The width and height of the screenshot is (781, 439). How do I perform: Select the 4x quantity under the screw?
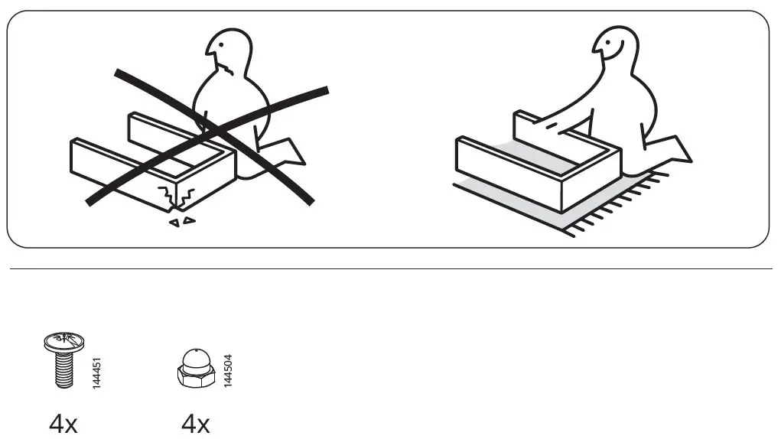point(63,423)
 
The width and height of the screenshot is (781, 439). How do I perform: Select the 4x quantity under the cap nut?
point(196,423)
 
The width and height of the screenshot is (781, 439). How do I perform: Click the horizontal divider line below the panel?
point(390,268)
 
